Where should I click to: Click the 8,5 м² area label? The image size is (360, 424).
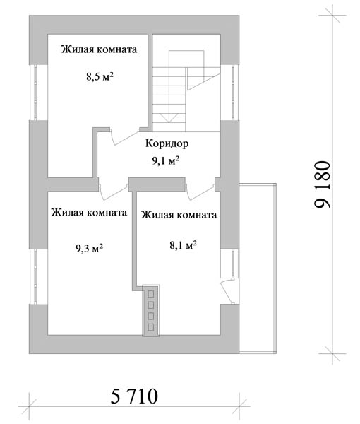pyautogui.click(x=100, y=77)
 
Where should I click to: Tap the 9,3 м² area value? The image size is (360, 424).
pyautogui.click(x=89, y=248)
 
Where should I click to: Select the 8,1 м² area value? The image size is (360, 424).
pyautogui.click(x=183, y=245)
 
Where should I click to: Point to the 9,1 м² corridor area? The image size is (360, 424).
pyautogui.click(x=166, y=160)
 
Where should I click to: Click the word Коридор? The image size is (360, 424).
pyautogui.click(x=167, y=143)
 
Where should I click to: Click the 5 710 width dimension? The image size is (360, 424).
pyautogui.click(x=134, y=396)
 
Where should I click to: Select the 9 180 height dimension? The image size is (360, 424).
pyautogui.click(x=323, y=184)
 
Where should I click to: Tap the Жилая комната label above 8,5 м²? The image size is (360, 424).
pyautogui.click(x=99, y=49)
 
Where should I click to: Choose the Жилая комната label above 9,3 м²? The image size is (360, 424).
pyautogui.click(x=89, y=213)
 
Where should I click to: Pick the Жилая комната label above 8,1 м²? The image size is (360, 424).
pyautogui.click(x=179, y=215)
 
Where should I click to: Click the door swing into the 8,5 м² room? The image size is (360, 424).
pyautogui.click(x=125, y=138)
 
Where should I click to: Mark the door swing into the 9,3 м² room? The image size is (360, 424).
pyautogui.click(x=114, y=192)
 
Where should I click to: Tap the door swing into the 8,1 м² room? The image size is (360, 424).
pyautogui.click(x=200, y=192)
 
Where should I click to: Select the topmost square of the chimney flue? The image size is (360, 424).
pyautogui.click(x=151, y=294)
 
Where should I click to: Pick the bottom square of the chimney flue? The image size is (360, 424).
pyautogui.click(x=151, y=327)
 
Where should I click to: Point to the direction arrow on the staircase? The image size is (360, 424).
pyautogui.click(x=169, y=118)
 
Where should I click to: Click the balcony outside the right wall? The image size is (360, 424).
pyautogui.click(x=258, y=269)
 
